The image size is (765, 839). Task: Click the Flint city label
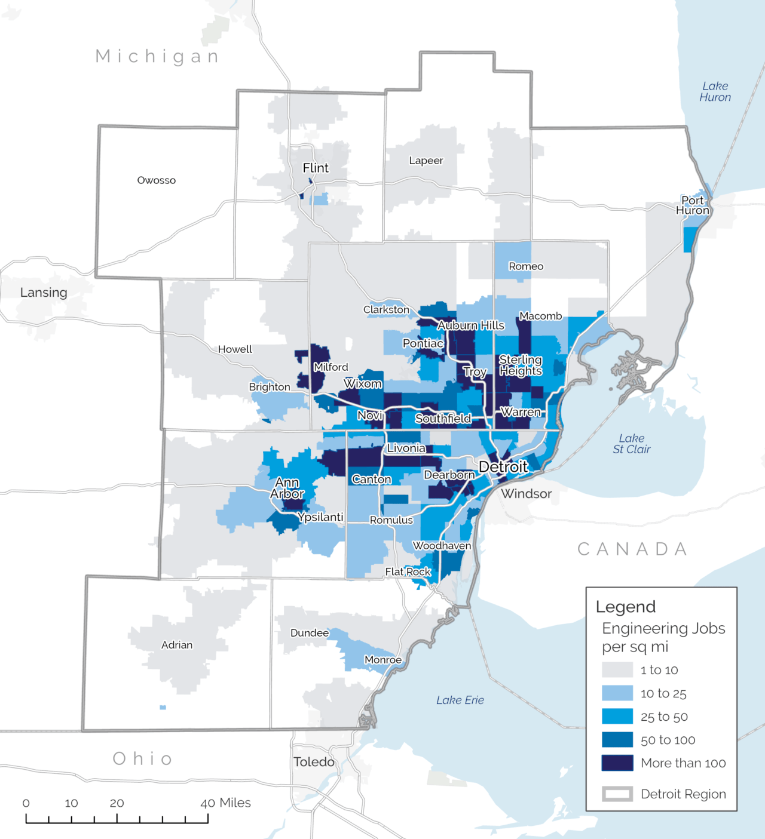pos(316,168)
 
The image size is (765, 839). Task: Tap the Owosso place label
pos(157,180)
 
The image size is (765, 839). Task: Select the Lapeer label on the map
pos(426,161)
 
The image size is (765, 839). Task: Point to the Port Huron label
pos(693,205)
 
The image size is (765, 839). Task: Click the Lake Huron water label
pos(715,92)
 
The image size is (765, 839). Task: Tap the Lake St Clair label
pos(631,444)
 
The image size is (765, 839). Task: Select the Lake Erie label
pos(460,700)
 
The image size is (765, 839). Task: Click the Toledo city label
pos(314,762)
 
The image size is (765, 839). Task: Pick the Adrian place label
pos(177,645)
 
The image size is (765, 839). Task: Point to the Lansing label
pos(44,293)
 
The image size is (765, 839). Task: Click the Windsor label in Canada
pos(527,494)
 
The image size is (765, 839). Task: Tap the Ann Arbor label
pos(287,488)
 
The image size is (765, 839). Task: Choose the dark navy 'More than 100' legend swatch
pos(617,763)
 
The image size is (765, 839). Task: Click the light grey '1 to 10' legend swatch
pos(617,670)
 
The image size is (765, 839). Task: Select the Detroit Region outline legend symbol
pos(617,794)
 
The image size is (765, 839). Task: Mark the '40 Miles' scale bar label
pos(225,803)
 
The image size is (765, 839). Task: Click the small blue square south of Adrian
pos(163,708)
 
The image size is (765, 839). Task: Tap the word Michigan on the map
pos(158,56)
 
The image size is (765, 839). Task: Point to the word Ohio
pos(143,759)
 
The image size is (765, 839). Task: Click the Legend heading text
pos(626,607)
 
